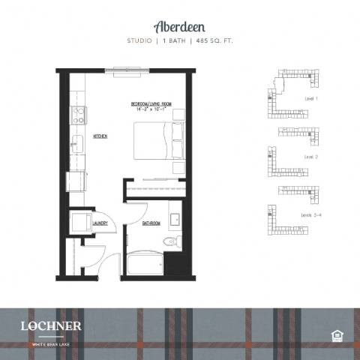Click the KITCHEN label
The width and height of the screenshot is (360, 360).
[x=100, y=136]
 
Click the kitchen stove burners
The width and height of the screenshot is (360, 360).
[x=77, y=115]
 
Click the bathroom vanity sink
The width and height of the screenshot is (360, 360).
[x=174, y=220]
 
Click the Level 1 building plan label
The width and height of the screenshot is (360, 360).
[x=311, y=98]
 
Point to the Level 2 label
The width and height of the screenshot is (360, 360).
[x=311, y=157]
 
